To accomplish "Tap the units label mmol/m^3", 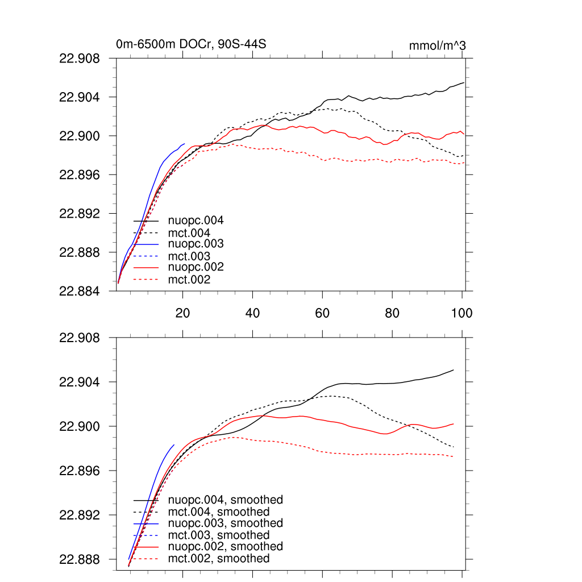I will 437,45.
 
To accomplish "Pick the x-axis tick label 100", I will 462,313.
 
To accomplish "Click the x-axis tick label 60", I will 322,313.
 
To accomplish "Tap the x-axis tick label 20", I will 182,313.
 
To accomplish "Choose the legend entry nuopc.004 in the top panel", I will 196,220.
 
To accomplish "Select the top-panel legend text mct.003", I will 189,256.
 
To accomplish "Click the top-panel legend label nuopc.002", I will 196,267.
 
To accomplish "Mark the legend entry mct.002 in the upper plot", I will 189,280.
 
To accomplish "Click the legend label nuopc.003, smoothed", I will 226,523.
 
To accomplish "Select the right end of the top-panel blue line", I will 185,144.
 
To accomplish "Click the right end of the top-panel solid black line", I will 464,82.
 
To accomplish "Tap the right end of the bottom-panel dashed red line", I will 454,456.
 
